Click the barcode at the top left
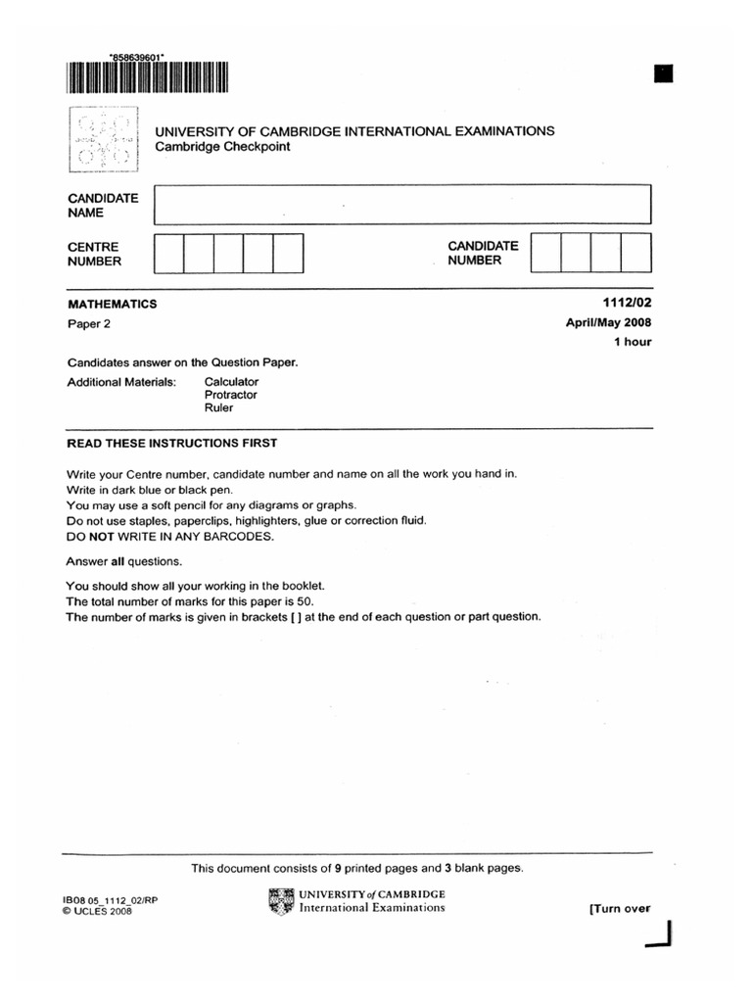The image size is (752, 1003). point(148,79)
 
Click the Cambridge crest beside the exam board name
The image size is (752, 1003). point(103,139)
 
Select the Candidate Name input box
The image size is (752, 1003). point(401,205)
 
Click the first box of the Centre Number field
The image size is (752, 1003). point(168,253)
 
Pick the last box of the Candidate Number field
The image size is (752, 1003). point(635,253)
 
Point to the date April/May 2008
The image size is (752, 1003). point(609,323)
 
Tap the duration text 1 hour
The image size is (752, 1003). point(633,342)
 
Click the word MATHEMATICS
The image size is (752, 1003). point(111,305)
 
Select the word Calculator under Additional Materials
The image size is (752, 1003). point(231,381)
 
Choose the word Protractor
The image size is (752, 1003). point(230,395)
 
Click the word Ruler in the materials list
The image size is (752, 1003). point(218,407)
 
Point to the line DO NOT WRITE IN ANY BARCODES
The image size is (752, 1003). point(169,537)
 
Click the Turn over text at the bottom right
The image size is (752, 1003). point(619,908)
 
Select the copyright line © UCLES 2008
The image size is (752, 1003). point(96,911)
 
